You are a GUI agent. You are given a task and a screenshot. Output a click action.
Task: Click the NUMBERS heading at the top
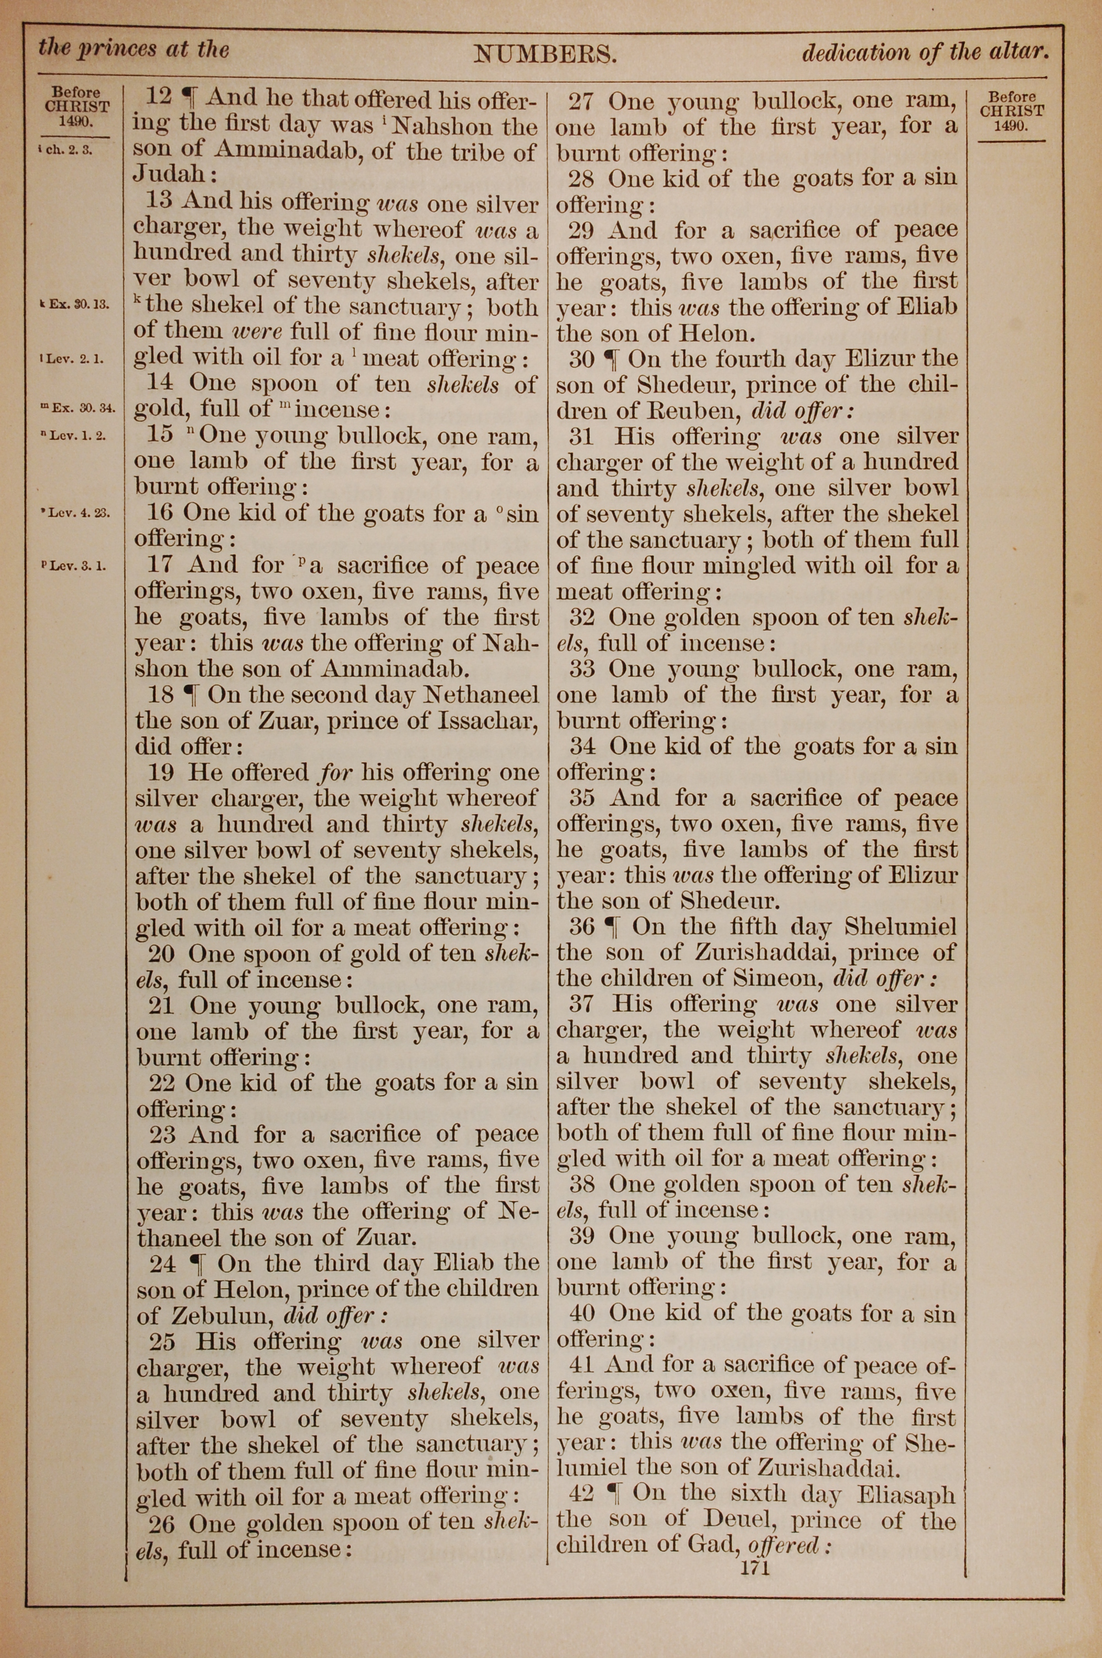point(545,53)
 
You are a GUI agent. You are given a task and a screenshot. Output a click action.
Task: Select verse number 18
point(161,695)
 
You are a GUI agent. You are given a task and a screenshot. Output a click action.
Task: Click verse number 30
point(581,359)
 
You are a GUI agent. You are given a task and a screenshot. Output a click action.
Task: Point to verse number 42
point(581,1494)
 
